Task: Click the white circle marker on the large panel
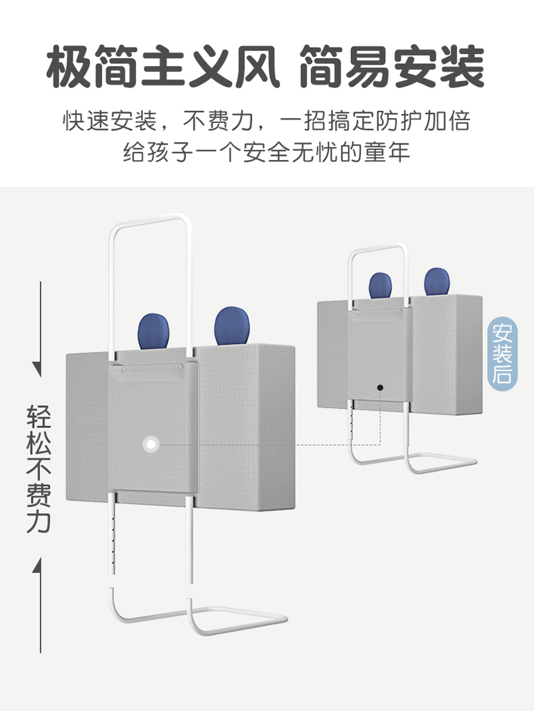(x=150, y=444)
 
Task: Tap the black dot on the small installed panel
(x=380, y=387)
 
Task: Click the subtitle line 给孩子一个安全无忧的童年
(x=267, y=152)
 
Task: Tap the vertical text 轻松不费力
(x=41, y=469)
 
